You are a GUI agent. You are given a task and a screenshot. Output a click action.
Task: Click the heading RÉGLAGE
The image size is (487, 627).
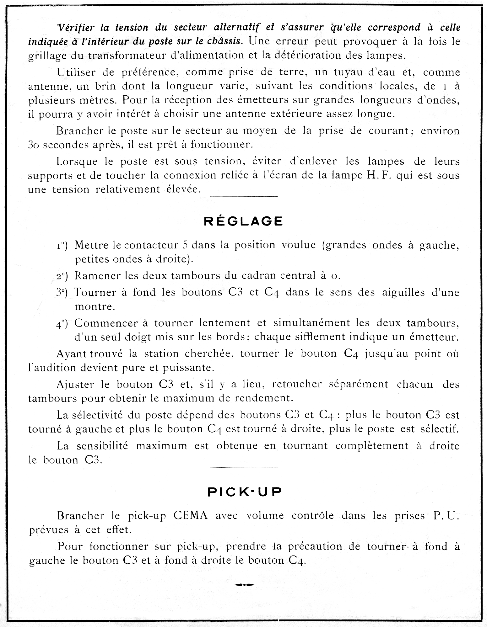(x=243, y=221)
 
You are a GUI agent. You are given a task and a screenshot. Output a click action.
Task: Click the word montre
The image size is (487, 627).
(x=95, y=306)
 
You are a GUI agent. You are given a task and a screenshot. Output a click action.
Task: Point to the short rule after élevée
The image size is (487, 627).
(x=244, y=197)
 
